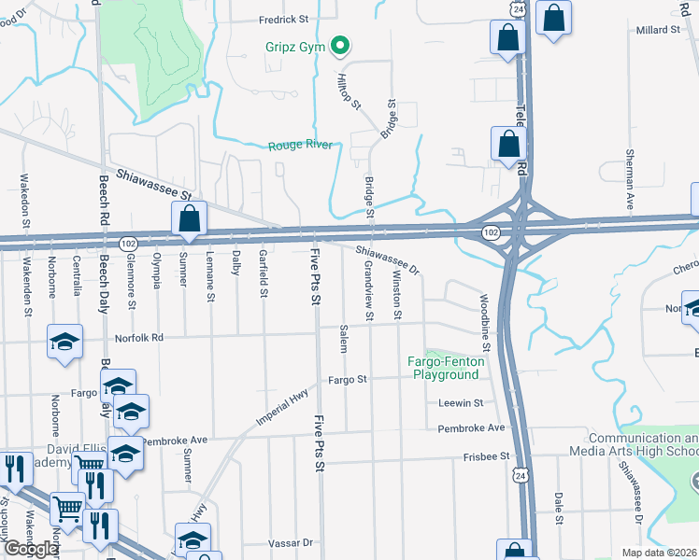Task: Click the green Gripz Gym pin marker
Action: click(341, 44)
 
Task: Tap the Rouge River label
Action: click(299, 146)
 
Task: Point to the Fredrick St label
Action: click(284, 19)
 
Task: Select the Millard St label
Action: click(659, 30)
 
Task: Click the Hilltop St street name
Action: click(349, 92)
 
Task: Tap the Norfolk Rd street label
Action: click(139, 338)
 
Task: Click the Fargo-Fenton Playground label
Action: click(443, 368)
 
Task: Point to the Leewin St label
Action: click(460, 403)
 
